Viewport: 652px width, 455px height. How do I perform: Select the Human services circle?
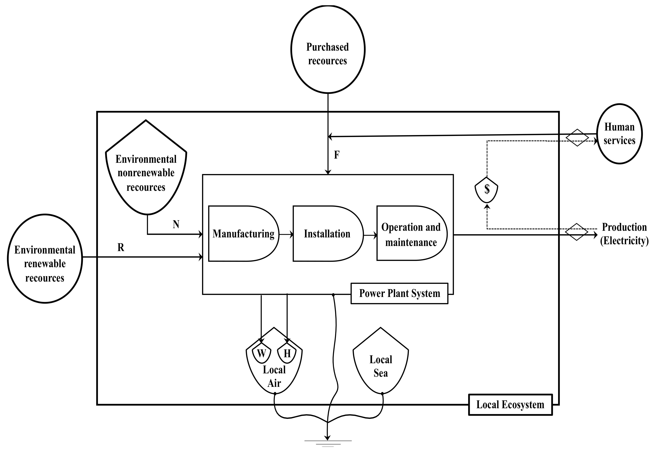coord(619,134)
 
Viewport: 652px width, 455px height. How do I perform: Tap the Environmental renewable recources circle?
coord(45,258)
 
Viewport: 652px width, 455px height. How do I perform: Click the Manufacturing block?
coord(243,234)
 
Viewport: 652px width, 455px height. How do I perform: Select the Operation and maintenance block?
coord(411,234)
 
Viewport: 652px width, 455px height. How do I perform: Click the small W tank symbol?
coord(261,354)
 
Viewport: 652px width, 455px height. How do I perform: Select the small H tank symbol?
coord(287,354)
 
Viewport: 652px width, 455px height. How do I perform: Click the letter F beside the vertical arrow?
coord(337,155)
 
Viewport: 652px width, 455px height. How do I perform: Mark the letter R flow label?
coord(121,247)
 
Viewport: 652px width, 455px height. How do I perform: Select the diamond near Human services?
coord(577,138)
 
